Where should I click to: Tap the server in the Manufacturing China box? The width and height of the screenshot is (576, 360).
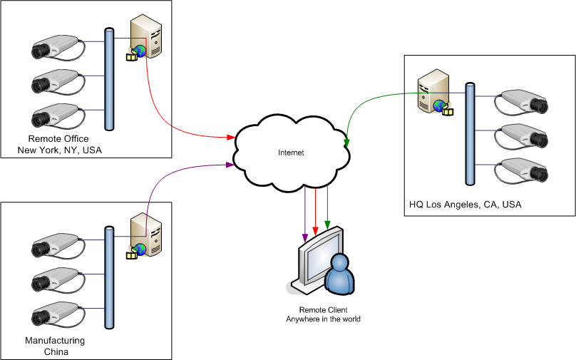(146, 235)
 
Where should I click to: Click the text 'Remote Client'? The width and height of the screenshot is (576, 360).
(323, 310)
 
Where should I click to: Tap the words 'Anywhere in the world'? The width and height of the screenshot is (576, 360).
(323, 319)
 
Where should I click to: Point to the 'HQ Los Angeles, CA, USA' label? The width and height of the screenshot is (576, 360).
(465, 205)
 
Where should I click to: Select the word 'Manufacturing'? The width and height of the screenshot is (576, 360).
(55, 341)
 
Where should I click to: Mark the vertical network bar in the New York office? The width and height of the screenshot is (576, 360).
(109, 79)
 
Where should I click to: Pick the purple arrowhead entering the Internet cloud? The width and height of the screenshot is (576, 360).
(231, 165)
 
